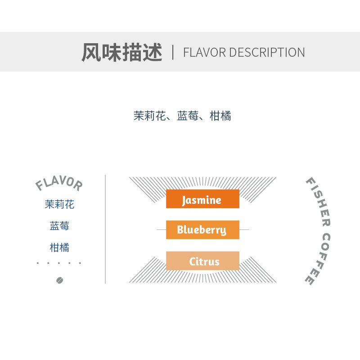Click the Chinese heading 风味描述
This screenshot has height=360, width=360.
coord(121,53)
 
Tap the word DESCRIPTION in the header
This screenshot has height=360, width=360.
coord(267,53)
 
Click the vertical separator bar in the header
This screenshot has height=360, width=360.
coord(173,52)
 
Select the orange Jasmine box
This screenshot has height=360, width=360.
coord(202,199)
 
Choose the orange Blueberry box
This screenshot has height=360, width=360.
coord(202,230)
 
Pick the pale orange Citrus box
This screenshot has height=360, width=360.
coord(202,261)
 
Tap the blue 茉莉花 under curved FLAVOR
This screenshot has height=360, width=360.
coord(59,205)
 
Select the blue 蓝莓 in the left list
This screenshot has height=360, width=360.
coord(59,226)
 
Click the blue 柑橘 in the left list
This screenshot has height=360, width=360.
coord(59,247)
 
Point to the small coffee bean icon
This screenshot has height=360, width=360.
coord(59,280)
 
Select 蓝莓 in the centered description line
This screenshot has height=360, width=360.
coord(188,116)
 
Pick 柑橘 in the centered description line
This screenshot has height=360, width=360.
coord(220,116)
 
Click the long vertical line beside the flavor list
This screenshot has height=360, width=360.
coord(105,229)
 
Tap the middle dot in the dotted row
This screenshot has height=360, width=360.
coord(59,263)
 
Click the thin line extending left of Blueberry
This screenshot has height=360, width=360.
coord(161,230)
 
